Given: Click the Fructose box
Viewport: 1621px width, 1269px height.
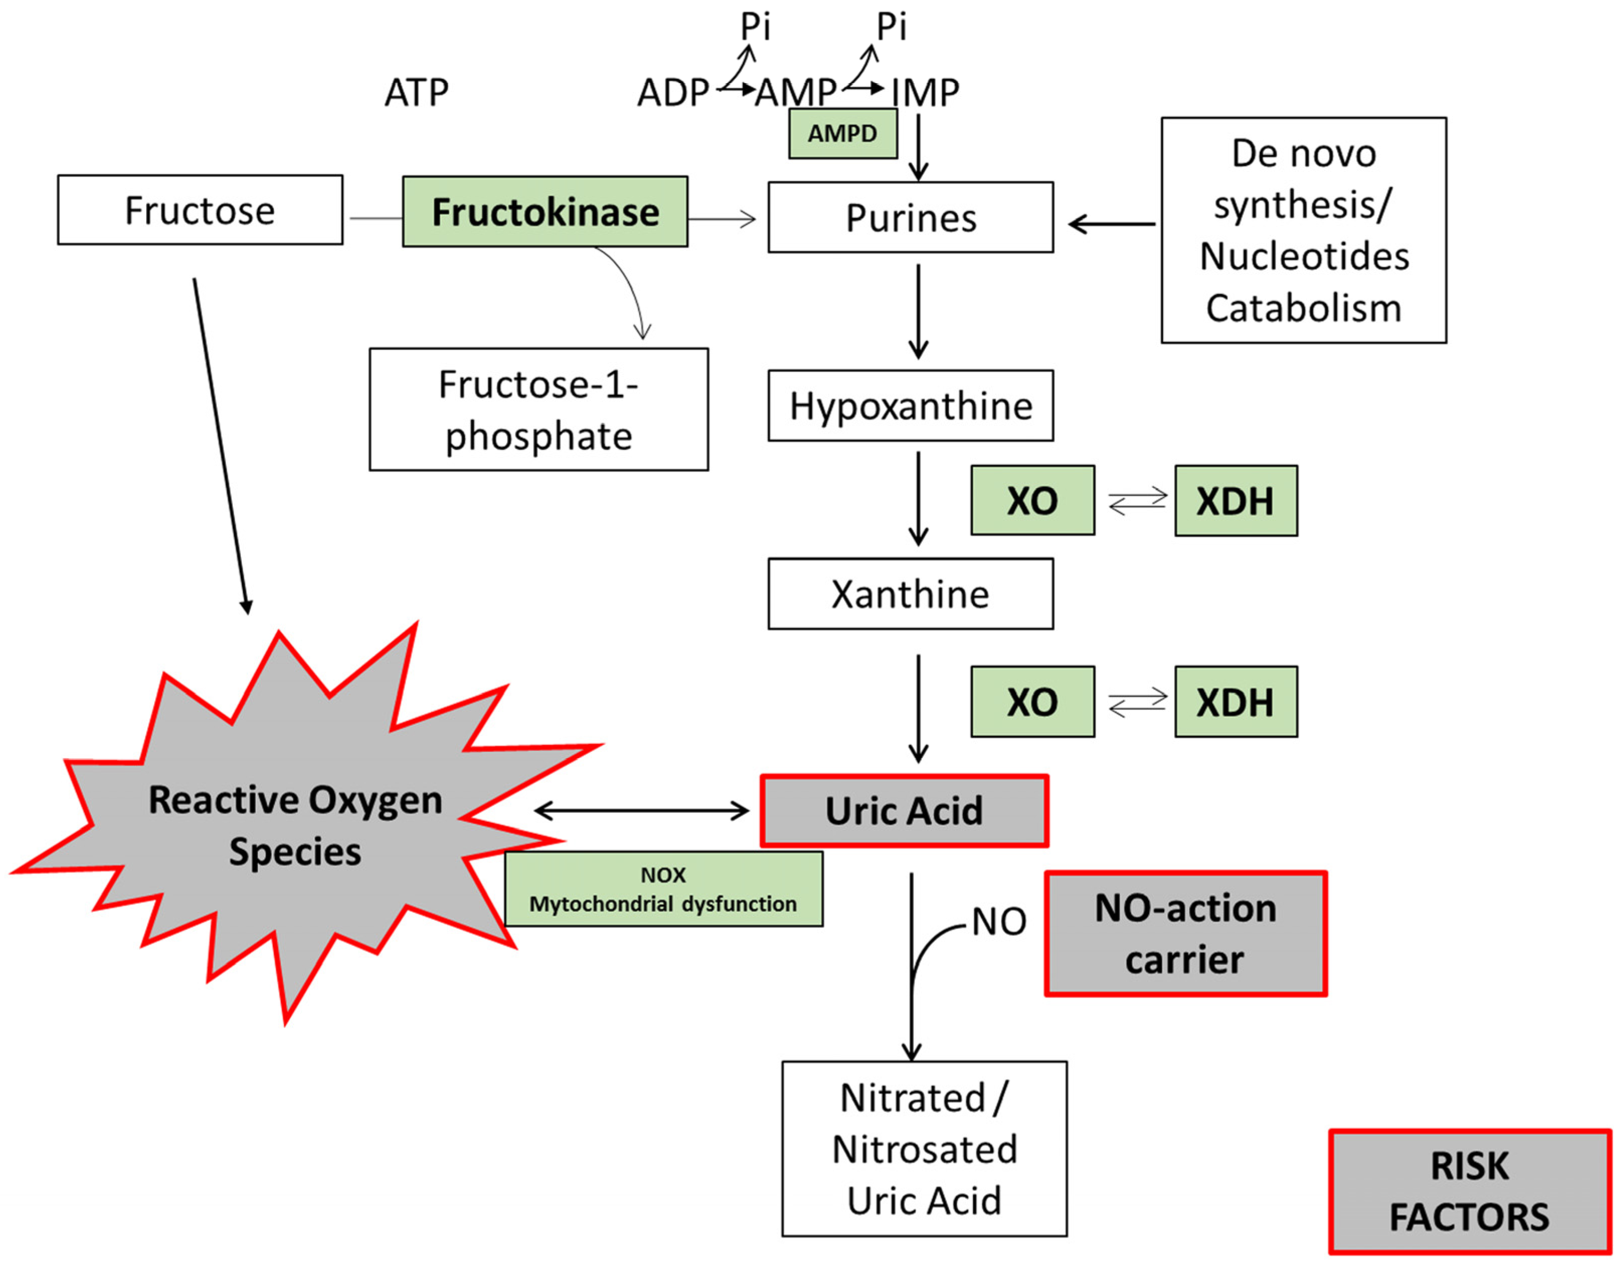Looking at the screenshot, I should point(200,210).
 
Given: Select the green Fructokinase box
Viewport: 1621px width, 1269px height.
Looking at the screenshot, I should point(544,212).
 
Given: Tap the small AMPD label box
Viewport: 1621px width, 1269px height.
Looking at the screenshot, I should point(842,134).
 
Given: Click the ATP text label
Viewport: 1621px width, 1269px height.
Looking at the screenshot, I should point(416,93).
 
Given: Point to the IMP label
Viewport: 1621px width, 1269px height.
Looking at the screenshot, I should point(925,93).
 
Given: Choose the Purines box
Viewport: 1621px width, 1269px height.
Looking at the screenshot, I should point(910,218).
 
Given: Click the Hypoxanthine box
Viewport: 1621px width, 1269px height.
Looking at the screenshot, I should point(910,406).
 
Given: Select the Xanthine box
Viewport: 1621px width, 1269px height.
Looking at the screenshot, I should point(910,595).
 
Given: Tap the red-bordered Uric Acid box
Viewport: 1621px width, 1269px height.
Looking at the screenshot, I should point(904,811).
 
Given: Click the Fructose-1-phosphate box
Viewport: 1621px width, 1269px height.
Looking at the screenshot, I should point(539,410).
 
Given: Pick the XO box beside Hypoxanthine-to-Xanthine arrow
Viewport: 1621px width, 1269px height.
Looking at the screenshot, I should point(1032,501).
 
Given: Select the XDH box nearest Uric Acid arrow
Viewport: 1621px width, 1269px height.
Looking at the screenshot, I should point(1235,702).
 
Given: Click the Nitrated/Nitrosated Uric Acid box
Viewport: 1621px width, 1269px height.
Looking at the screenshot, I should point(924,1149).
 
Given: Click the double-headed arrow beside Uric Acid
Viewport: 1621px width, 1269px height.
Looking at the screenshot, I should point(641,811).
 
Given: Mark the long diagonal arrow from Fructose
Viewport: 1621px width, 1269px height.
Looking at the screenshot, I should point(221,446).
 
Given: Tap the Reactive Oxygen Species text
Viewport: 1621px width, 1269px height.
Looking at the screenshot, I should point(295,825).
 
